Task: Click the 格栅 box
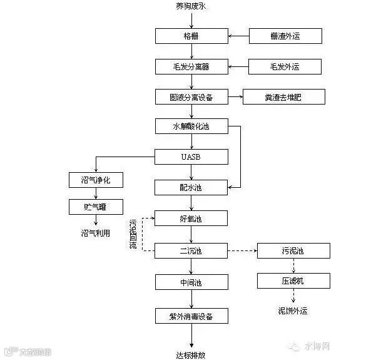[191, 36]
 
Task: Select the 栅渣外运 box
[285, 36]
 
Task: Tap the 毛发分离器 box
[191, 66]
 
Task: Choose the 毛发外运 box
[285, 66]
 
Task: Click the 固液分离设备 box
[191, 96]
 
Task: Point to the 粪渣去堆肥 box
[284, 96]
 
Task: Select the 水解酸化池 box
[191, 126]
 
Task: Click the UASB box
[191, 157]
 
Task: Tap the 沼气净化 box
[96, 180]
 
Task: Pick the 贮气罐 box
[96, 207]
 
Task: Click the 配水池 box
[191, 187]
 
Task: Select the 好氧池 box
[191, 218]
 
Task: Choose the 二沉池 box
[191, 250]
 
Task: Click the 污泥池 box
[293, 250]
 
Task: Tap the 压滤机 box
[293, 280]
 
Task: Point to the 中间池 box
[191, 282]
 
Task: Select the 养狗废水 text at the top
[191, 7]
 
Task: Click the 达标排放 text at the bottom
[191, 354]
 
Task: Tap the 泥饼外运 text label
[293, 311]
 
